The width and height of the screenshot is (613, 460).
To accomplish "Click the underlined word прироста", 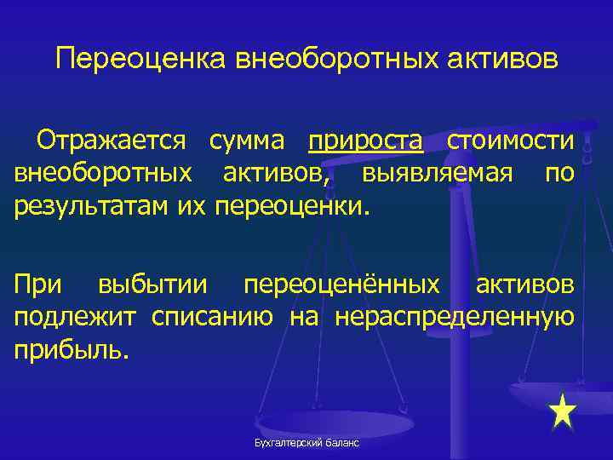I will tap(365, 141).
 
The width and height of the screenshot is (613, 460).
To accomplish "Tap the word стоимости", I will tap(510, 141).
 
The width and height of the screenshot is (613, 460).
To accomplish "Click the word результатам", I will tap(93, 205).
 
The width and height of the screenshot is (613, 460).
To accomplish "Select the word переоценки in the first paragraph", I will tap(294, 205).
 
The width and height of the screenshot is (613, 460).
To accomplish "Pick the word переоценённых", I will tap(342, 285).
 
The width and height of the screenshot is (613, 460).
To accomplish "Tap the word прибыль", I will tap(72, 349).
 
